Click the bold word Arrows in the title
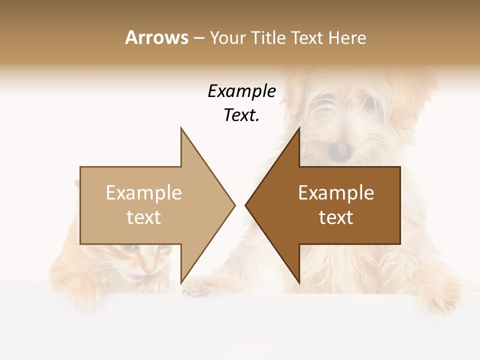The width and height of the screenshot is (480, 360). coord(156,37)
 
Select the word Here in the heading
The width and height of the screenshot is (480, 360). coord(347,38)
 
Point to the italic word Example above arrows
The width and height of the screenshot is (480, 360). coord(242,91)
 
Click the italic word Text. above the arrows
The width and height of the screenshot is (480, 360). coord(242,115)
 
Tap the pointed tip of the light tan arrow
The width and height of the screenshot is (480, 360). coord(234,205)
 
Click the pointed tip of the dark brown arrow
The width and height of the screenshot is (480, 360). coord(245,205)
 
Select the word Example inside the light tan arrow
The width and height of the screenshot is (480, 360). coord(144,193)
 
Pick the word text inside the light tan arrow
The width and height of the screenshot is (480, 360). coord(144,217)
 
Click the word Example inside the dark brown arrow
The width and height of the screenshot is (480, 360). coord(336,193)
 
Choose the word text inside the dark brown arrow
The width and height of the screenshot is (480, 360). coord(336,217)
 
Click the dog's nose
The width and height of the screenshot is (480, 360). coord(342,148)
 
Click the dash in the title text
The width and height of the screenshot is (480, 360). coord(198,38)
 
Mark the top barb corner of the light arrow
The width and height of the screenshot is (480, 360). coord(181,127)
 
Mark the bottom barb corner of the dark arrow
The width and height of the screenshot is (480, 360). coord(299,283)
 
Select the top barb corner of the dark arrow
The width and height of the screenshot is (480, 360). coord(299,127)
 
